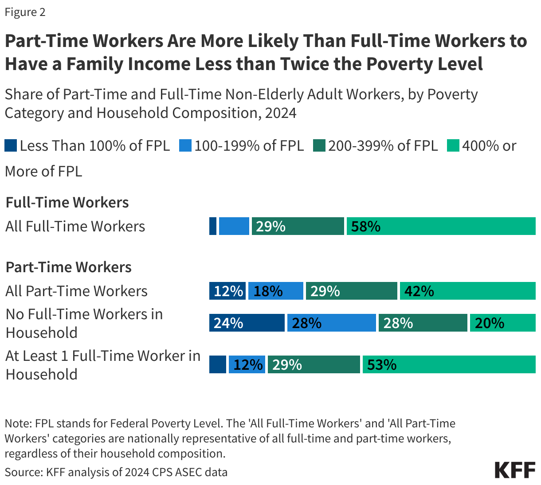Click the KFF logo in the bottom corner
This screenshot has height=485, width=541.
(x=515, y=470)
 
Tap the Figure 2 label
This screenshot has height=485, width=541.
(x=25, y=12)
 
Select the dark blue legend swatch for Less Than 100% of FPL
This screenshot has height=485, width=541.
(x=11, y=146)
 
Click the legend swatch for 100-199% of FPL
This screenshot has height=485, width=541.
(x=185, y=146)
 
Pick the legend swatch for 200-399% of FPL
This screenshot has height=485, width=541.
(x=319, y=146)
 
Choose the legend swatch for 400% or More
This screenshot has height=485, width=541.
(x=453, y=146)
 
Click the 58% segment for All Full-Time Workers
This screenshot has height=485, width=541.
(x=441, y=226)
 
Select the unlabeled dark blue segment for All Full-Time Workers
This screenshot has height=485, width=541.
(x=213, y=226)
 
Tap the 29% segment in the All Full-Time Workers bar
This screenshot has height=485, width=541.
(x=298, y=226)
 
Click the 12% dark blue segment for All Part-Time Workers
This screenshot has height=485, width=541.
(x=227, y=291)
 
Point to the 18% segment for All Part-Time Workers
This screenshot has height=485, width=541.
(x=276, y=291)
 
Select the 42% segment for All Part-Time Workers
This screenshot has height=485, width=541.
(x=467, y=291)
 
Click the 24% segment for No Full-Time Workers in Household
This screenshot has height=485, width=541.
(x=247, y=323)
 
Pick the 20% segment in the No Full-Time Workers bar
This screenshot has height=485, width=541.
(x=502, y=323)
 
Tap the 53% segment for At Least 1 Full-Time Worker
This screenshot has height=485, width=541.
(x=449, y=364)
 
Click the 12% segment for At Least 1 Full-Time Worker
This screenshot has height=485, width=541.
(x=247, y=364)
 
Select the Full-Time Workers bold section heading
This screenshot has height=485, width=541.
(x=67, y=203)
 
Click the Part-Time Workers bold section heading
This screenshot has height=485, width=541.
(x=68, y=267)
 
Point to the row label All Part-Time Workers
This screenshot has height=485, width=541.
(x=76, y=291)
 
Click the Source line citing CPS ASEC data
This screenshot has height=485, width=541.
(x=116, y=472)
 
